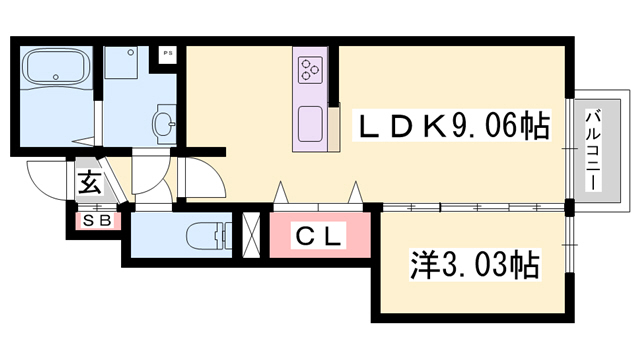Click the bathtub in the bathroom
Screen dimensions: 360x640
(57, 68)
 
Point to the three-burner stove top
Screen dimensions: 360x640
(309, 70)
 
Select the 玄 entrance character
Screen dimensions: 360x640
(89, 183)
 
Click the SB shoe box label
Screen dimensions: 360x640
(96, 221)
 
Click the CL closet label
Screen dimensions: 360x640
(318, 237)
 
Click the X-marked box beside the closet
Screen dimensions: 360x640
(252, 234)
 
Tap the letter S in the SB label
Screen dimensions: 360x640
(89, 221)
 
